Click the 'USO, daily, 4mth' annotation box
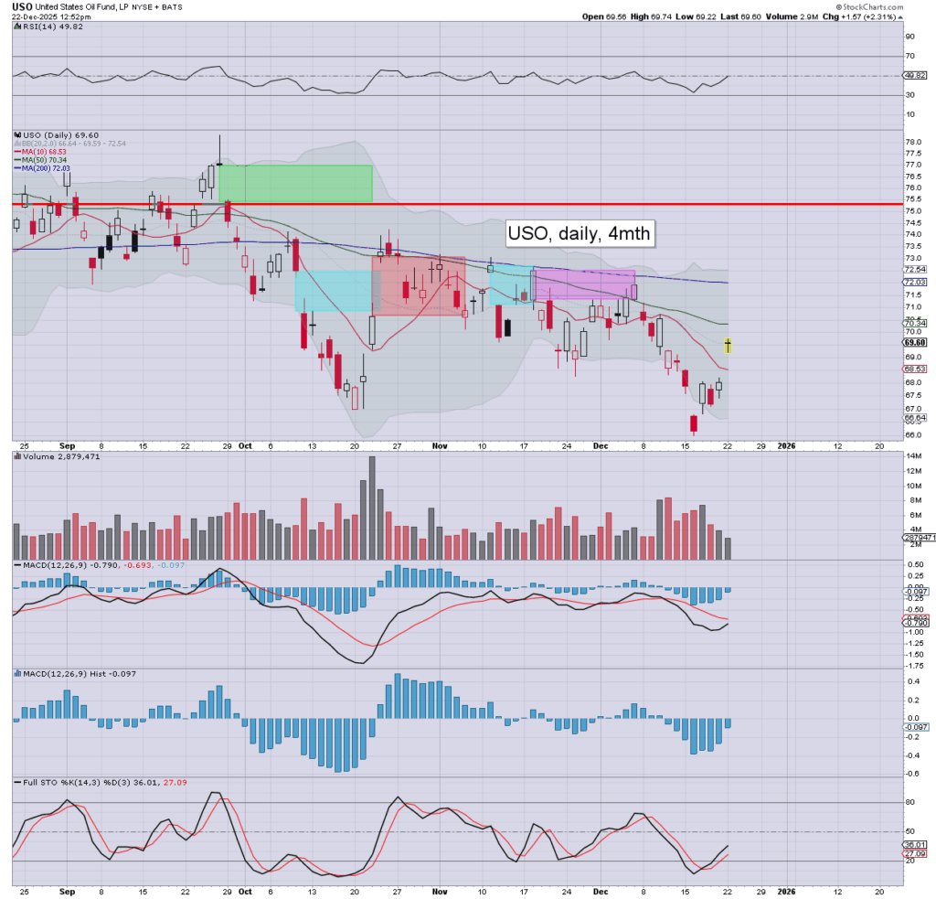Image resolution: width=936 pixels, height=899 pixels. pyautogui.click(x=580, y=233)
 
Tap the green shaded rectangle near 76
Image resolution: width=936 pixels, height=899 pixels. pyautogui.click(x=295, y=183)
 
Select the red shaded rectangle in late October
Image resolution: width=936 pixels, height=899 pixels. pyautogui.click(x=419, y=285)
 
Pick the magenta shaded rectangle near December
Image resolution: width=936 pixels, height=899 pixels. pyautogui.click(x=584, y=284)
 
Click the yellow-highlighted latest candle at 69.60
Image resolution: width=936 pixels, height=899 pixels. pyautogui.click(x=728, y=345)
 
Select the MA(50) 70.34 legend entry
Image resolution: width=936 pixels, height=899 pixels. pyautogui.click(x=43, y=160)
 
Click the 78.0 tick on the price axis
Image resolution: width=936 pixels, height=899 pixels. pyautogui.click(x=912, y=143)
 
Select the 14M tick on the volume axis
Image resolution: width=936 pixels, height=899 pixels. pyautogui.click(x=912, y=470)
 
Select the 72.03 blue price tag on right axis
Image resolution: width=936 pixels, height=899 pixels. pyautogui.click(x=917, y=283)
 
